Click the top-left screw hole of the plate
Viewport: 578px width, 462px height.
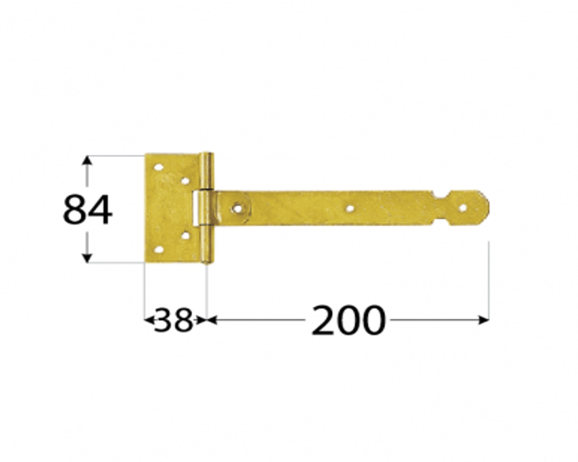(x=158, y=168)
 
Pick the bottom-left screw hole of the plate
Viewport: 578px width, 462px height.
(x=159, y=250)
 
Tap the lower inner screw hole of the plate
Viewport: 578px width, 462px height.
(x=185, y=236)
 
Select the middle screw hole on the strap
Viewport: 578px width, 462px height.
(x=350, y=208)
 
